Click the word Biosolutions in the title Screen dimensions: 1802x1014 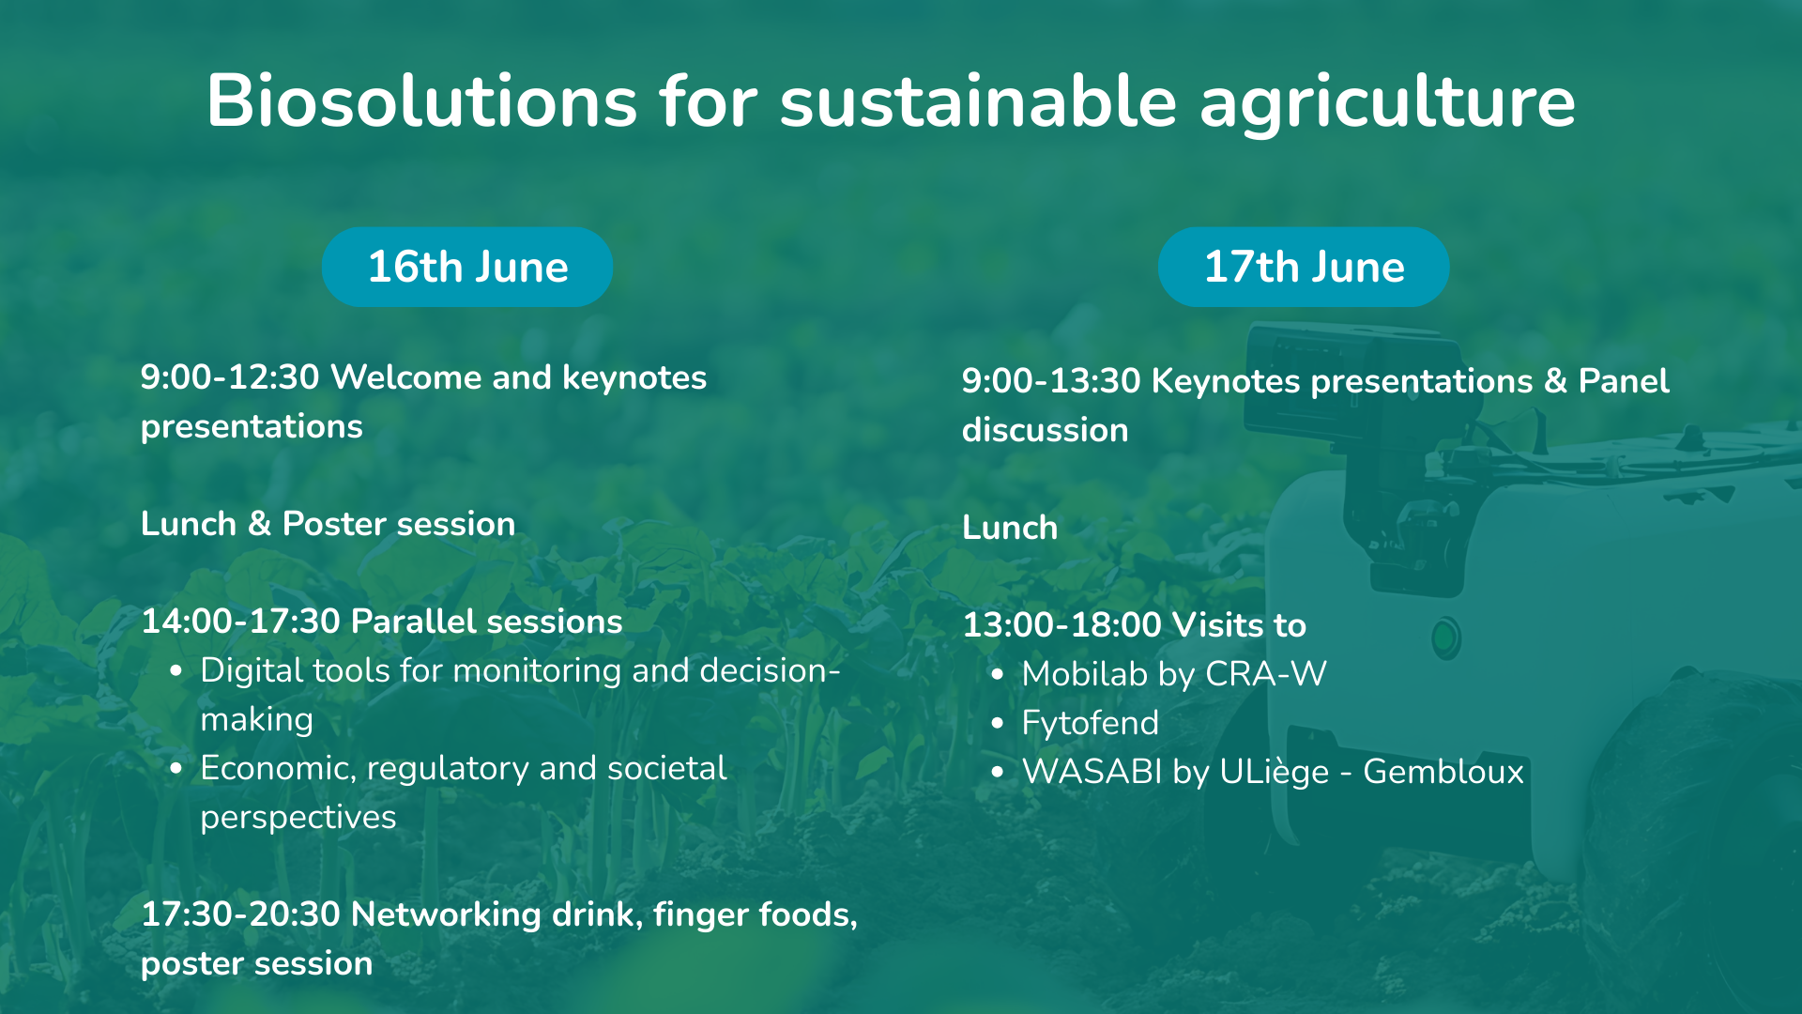[x=422, y=100]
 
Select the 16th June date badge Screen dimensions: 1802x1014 [x=467, y=267]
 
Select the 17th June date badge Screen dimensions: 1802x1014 [x=1304, y=267]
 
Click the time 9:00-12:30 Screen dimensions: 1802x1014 [x=230, y=377]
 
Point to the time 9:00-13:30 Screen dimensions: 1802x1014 [x=1051, y=381]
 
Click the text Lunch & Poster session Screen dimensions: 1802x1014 [x=328, y=524]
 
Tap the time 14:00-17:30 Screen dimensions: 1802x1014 [x=240, y=622]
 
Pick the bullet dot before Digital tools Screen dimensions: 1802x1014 [x=176, y=671]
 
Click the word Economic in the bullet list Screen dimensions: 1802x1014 [x=278, y=769]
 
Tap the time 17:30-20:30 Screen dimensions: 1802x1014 [x=240, y=914]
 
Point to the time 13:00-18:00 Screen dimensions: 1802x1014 [x=1062, y=625]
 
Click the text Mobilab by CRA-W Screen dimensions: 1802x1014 [x=1174, y=674]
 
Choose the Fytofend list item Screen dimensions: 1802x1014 [x=1091, y=723]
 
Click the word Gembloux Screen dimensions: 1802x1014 [x=1443, y=772]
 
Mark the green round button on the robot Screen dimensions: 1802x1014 [x=1445, y=638]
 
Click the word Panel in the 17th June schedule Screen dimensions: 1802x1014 [x=1624, y=381]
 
